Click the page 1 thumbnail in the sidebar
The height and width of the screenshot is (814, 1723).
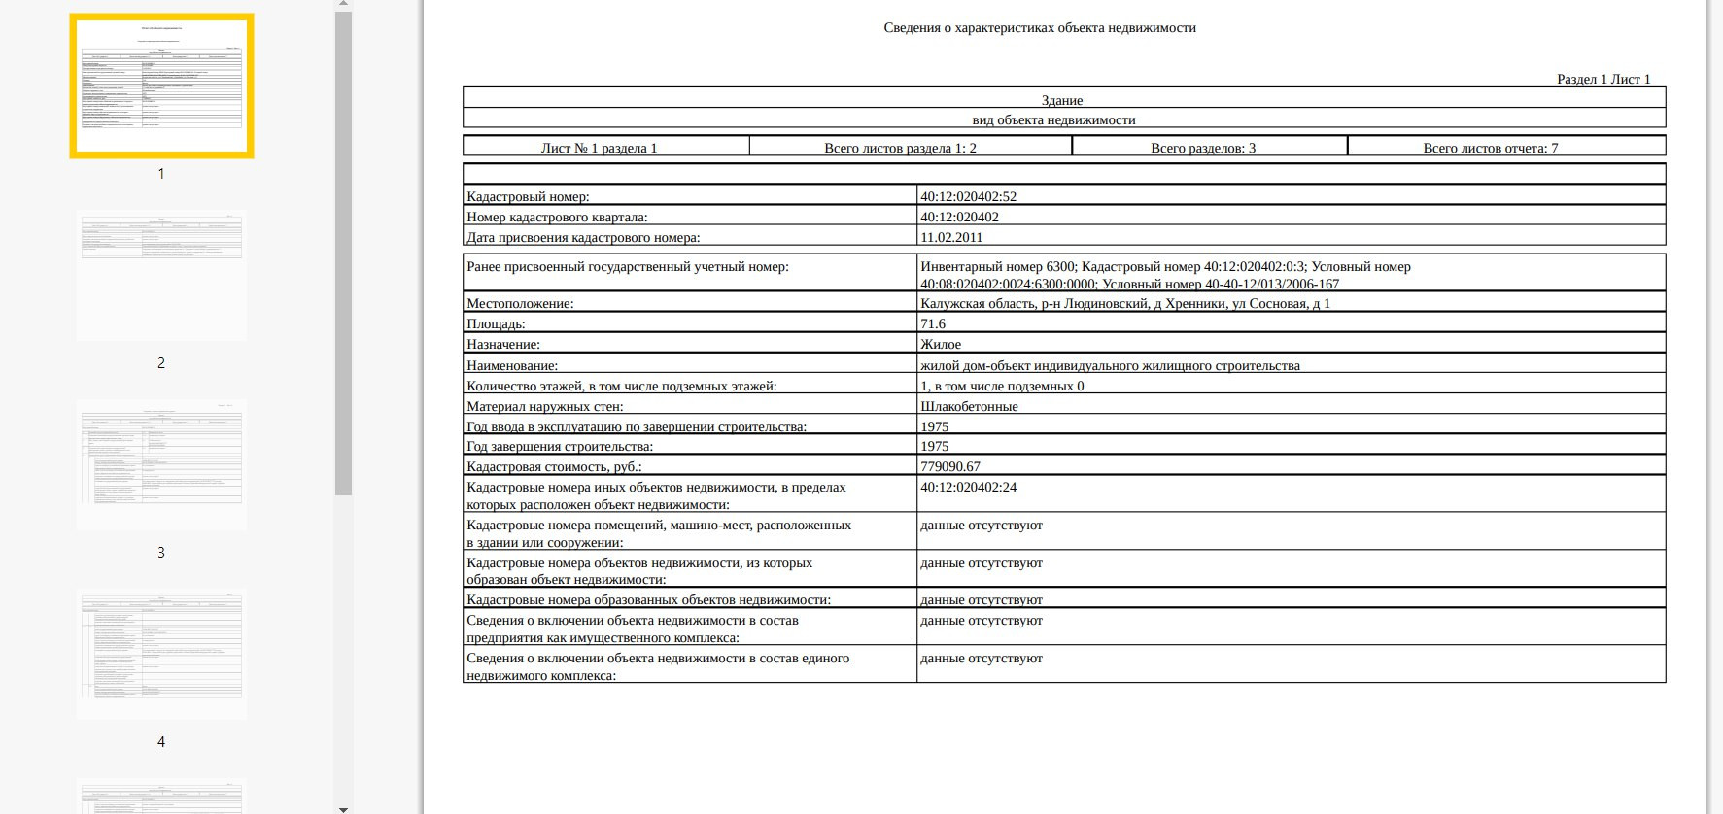[161, 85]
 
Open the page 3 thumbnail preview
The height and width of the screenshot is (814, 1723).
[161, 464]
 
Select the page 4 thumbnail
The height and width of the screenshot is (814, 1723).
[161, 654]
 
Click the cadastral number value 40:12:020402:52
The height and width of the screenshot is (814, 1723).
[968, 196]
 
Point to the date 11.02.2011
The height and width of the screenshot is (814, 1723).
[950, 237]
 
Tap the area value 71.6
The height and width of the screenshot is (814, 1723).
[932, 324]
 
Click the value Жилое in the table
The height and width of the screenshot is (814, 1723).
[940, 345]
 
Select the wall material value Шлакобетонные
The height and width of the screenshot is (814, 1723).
[969, 407]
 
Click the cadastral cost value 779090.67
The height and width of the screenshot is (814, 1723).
[949, 467]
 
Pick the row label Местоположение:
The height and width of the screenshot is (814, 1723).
[520, 304]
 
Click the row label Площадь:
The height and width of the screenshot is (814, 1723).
[496, 324]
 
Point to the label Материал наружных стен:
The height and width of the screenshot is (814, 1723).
[544, 407]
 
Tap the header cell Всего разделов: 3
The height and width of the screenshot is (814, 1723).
[1202, 148]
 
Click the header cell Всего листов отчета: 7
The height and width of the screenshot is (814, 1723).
[1490, 148]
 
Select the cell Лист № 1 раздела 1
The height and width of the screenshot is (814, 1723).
[599, 148]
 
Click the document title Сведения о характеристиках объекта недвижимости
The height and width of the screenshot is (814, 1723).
[1039, 28]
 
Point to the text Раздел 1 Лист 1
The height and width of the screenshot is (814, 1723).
[1602, 79]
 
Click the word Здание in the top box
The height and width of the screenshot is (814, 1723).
[1061, 100]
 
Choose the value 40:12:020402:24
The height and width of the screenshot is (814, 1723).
[968, 488]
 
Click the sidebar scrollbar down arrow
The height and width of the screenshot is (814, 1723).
[343, 808]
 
